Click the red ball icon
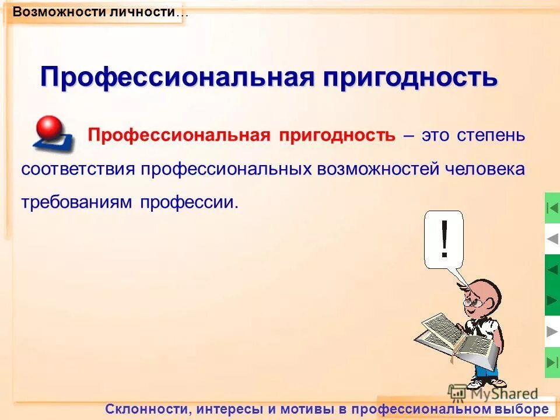point(49,127)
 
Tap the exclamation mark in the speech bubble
point(444,239)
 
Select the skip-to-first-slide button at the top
point(552,208)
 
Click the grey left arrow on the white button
point(552,239)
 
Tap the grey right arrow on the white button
point(552,331)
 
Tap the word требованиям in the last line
point(77,202)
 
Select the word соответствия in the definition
point(78,169)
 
